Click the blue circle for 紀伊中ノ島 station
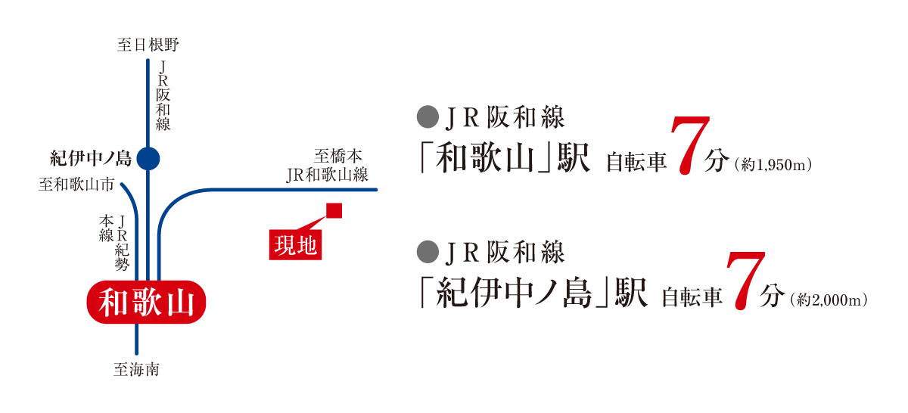coord(148,159)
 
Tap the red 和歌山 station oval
coord(146,302)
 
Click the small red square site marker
coord(334,211)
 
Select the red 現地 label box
coord(296,245)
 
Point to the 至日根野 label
coord(148,45)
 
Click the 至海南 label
coord(137,370)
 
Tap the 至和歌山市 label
coord(76,185)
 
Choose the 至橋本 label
coord(337,156)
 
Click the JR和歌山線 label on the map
coord(327,175)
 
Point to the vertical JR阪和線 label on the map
coord(163,95)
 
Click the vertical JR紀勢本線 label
coord(114,243)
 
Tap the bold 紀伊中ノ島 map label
coord(91,159)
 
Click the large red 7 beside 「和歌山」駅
coord(690,146)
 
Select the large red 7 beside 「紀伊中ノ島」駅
coord(746,281)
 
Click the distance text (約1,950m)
coord(773,165)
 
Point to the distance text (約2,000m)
coord(829,300)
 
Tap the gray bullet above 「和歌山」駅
coord(428,117)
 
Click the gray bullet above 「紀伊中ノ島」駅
coord(428,252)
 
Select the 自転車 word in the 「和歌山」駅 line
coord(636,162)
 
